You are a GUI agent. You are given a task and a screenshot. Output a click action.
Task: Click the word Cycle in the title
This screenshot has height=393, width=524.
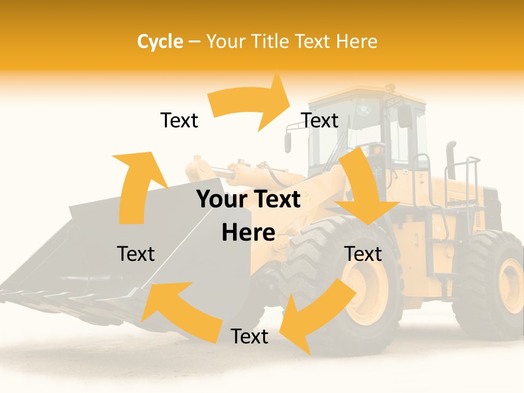tap(160, 41)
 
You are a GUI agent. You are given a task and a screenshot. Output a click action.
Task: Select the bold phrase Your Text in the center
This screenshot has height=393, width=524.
tap(248, 200)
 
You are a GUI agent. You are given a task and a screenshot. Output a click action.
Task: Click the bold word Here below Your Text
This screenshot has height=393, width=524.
tap(248, 233)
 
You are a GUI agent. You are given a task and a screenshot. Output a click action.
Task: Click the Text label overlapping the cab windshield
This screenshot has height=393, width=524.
tap(320, 121)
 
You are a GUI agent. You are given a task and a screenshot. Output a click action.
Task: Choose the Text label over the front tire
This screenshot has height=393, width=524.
tap(363, 254)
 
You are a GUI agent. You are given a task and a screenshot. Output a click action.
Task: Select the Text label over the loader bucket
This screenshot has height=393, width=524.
tap(136, 254)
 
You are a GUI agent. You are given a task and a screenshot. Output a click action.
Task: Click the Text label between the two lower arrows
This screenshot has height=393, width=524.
tap(249, 337)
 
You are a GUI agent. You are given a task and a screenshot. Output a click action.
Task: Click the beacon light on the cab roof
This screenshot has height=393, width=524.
tap(390, 87)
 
